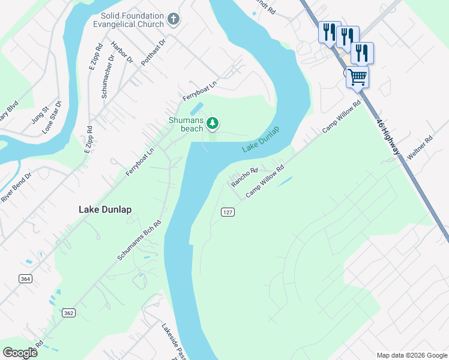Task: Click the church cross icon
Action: (173, 19)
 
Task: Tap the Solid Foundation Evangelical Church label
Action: (132, 20)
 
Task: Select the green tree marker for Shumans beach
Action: (212, 124)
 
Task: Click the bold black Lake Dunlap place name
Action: (105, 209)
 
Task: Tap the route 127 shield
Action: (227, 212)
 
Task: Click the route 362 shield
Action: (68, 313)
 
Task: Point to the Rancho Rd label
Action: (244, 177)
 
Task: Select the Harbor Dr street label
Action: (122, 52)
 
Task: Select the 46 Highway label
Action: (388, 136)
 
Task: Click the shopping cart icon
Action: (357, 77)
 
